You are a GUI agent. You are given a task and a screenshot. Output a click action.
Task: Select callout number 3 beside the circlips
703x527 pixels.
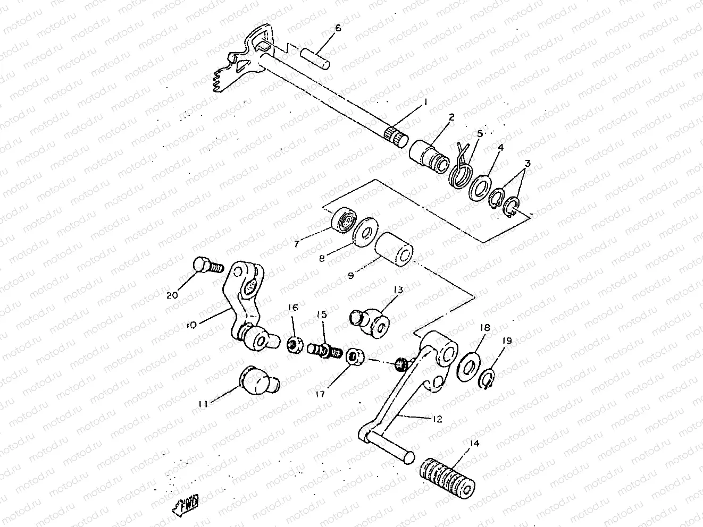(527, 164)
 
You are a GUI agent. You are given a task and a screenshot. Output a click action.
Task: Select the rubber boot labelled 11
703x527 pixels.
(258, 380)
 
